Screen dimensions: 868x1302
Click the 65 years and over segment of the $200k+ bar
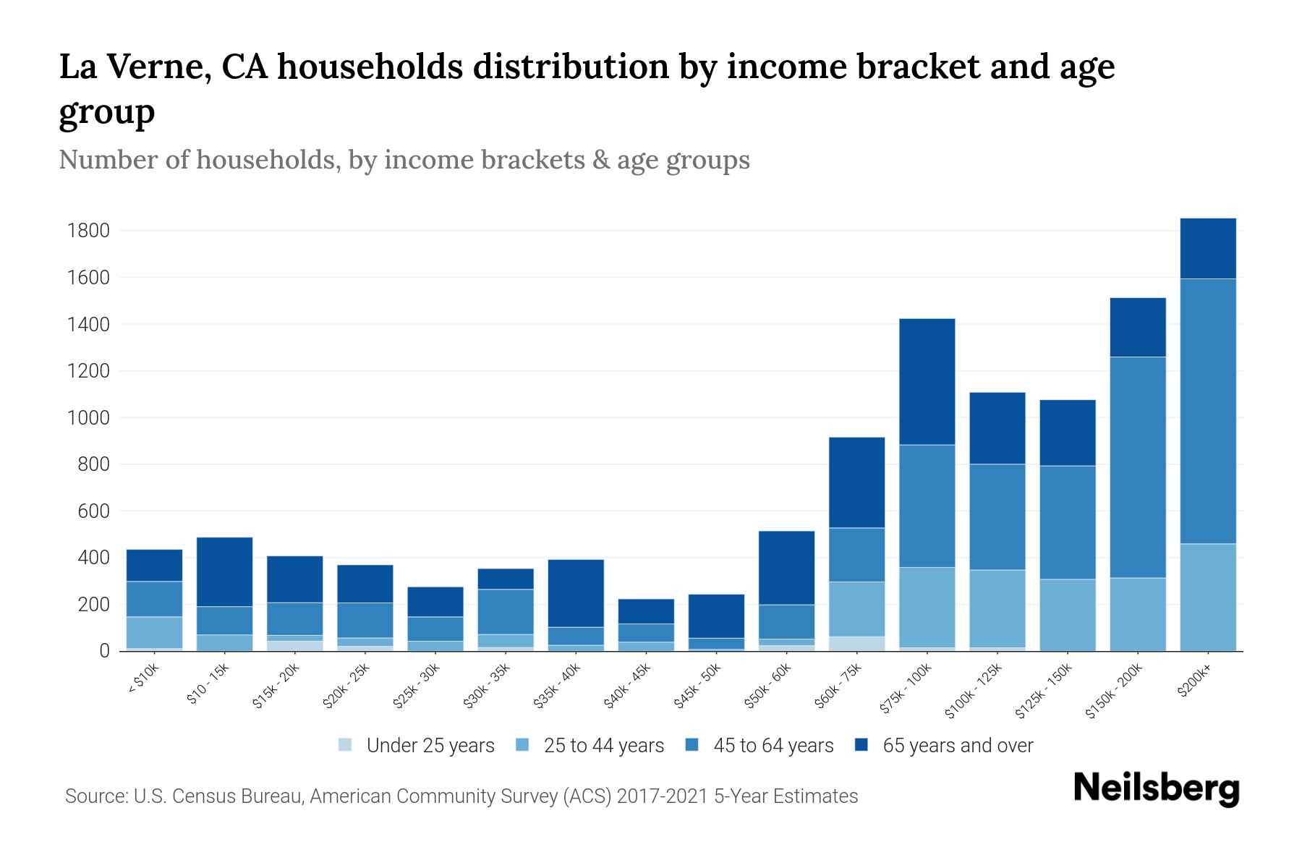tap(1207, 248)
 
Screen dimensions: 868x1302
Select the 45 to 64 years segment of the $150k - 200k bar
tap(1137, 467)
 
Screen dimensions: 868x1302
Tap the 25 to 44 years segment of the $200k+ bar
tap(1207, 597)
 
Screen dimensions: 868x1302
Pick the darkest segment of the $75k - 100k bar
tap(927, 381)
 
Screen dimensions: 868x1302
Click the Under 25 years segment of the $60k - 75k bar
tap(856, 643)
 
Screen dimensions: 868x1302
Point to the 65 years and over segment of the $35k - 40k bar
tap(575, 593)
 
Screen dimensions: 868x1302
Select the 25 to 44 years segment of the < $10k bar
tap(154, 632)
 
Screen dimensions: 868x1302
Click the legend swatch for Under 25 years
tap(346, 745)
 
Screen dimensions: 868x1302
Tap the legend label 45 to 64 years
tap(773, 746)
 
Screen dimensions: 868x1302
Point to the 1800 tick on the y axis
tap(88, 231)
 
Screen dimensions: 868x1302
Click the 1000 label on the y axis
tap(88, 418)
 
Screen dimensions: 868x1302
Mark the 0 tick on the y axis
tap(104, 651)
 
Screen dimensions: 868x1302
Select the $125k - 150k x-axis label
tap(1046, 691)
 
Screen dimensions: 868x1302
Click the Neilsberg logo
tap(1156, 788)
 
